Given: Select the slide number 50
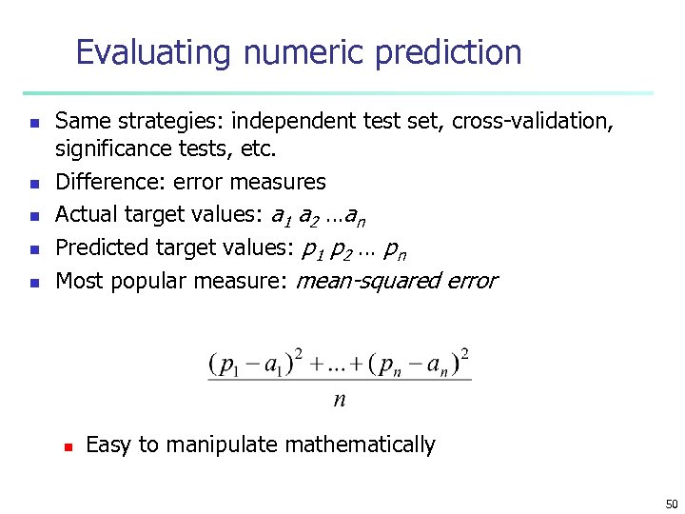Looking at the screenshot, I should point(672,503).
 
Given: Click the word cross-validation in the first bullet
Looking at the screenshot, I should point(531,122).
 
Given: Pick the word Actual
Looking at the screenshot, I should point(84,215).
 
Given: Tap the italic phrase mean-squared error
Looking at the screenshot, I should point(397,281).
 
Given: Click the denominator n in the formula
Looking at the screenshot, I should point(340,400).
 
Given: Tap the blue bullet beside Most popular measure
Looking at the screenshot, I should point(33,283).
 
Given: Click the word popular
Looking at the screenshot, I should point(148,281).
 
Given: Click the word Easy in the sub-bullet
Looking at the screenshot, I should point(108,445).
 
